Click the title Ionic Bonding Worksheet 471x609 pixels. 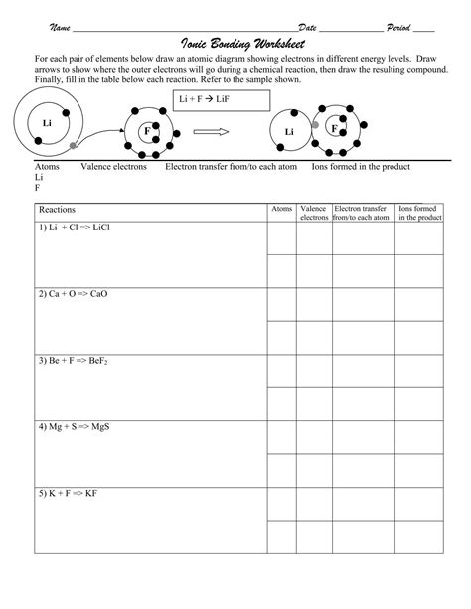click(235, 45)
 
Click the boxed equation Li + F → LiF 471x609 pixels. click(222, 100)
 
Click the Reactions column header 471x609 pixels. click(57, 211)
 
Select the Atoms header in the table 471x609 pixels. click(282, 209)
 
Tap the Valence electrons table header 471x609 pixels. click(314, 213)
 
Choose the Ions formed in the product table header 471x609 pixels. click(419, 213)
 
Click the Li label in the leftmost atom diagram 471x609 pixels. click(46, 123)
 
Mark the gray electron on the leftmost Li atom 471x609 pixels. click(73, 146)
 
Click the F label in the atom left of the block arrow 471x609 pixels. click(147, 130)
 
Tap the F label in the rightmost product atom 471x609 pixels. click(334, 128)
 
